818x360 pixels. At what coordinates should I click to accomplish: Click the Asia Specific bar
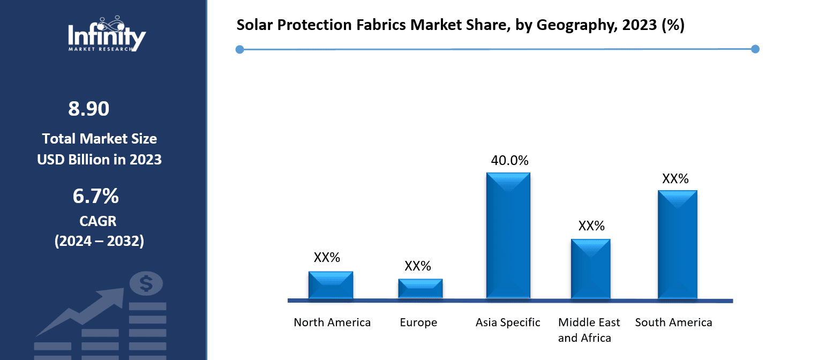coord(508,236)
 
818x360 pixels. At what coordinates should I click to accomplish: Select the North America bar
coord(331,285)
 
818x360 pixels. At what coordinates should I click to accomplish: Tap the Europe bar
coord(421,289)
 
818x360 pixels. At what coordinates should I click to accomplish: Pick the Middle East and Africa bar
coord(590,269)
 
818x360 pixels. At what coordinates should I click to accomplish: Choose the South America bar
coord(678,245)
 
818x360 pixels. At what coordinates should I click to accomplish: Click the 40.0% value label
coord(509,160)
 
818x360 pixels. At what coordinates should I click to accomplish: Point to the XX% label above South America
coord(675,178)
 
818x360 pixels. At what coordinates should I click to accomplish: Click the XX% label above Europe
coord(417,266)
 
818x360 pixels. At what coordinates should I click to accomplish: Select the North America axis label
coord(332,322)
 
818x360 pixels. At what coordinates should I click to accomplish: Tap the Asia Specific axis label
coord(508,322)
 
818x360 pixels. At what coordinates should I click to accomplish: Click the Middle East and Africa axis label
coord(589,330)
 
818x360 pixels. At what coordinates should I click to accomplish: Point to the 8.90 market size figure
coord(89,109)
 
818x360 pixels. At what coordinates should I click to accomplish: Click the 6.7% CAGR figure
coord(96,196)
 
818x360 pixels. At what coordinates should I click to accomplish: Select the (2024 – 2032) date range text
coord(99,241)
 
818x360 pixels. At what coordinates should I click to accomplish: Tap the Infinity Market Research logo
coord(107,34)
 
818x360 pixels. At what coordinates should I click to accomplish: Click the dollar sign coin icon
coord(146,284)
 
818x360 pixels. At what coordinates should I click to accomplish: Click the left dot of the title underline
coord(239,49)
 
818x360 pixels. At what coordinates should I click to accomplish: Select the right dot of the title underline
coord(755,49)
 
